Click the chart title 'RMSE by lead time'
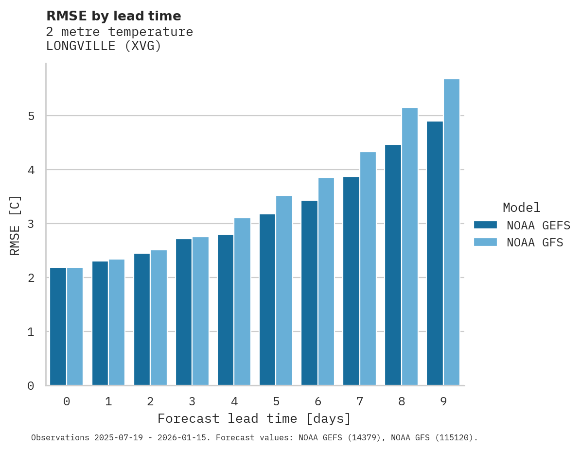tap(113, 16)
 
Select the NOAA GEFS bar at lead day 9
tap(435, 253)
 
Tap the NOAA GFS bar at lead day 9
tap(452, 232)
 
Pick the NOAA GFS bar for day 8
tap(410, 246)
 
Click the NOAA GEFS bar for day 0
tap(58, 326)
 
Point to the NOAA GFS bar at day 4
tap(242, 301)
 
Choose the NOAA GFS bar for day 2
tap(158, 317)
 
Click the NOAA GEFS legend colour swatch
tap(485, 225)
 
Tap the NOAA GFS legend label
tap(535, 243)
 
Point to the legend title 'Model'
tap(521, 208)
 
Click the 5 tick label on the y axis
tap(31, 116)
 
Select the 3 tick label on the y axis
tap(31, 224)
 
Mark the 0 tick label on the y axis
tap(31, 386)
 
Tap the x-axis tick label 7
tap(360, 402)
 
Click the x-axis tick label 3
tap(192, 402)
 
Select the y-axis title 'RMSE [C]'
tap(15, 225)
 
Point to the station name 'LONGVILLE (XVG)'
tap(104, 47)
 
